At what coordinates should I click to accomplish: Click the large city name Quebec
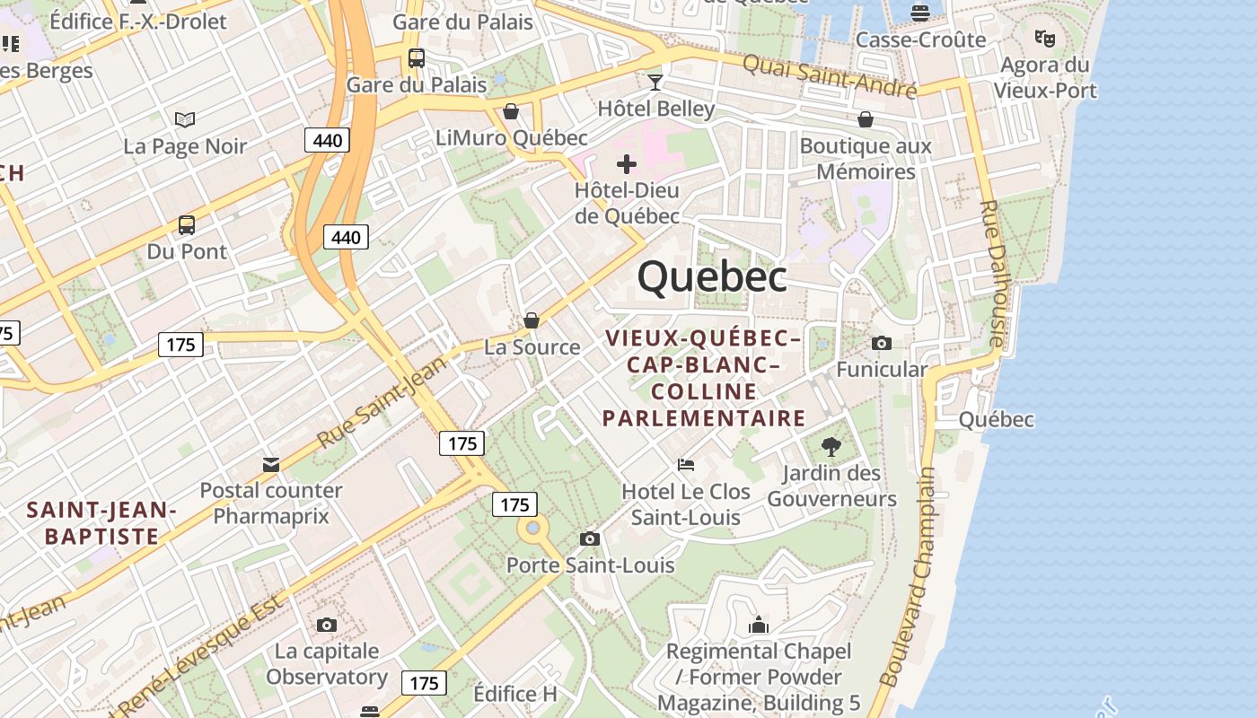712,276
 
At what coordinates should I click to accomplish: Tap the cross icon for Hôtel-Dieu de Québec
627,164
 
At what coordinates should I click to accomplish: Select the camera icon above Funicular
882,343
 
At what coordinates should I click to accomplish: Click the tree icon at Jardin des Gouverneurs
831,446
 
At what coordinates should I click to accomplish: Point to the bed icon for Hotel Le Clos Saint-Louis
686,465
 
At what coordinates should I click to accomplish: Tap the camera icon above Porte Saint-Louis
590,538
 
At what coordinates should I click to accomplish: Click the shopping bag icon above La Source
532,320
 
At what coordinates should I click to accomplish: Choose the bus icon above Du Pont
187,225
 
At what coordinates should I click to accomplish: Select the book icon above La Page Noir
185,119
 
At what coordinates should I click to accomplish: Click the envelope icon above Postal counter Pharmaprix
271,464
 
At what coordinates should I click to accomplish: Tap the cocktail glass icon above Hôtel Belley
656,83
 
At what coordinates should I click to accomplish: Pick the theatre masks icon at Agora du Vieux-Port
1044,38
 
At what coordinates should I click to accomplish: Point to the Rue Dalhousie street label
992,273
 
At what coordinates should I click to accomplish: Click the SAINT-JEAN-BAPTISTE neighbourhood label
101,523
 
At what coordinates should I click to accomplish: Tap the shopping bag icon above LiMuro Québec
511,111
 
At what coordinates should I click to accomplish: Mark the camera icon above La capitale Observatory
327,625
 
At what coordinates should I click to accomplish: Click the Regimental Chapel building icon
759,625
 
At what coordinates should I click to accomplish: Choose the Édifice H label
515,694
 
